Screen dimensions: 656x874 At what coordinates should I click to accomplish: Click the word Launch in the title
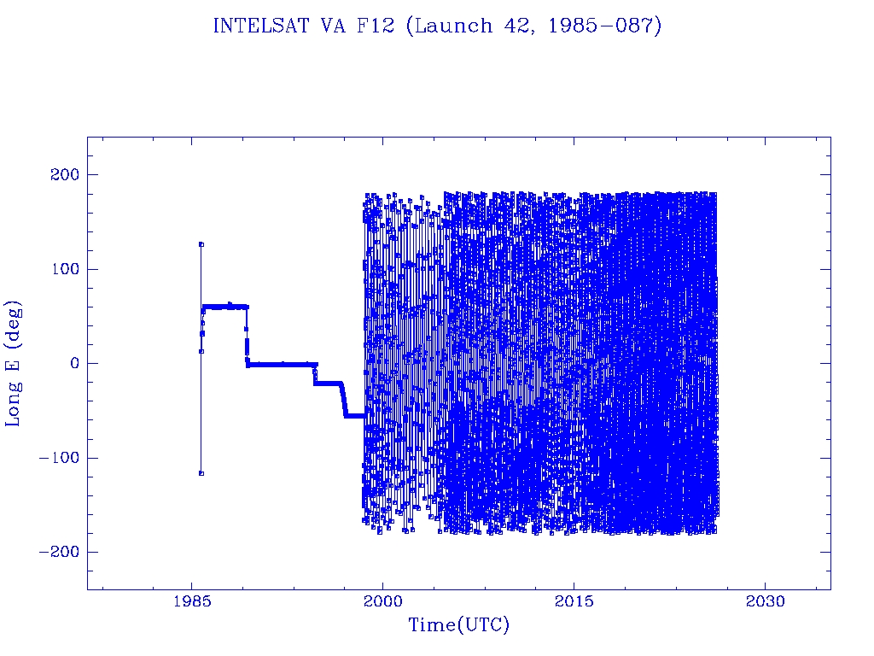(450, 26)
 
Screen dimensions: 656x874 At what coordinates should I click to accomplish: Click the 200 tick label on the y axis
(62, 175)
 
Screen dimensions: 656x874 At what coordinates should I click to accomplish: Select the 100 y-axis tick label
(62, 269)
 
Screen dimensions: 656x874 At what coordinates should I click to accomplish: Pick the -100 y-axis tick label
(58, 458)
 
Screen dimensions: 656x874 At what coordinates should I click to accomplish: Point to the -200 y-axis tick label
(58, 552)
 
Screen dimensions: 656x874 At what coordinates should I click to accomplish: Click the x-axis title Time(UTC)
(458, 626)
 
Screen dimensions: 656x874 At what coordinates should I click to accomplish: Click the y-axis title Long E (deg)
(15, 363)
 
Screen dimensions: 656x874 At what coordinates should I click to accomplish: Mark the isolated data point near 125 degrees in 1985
(201, 244)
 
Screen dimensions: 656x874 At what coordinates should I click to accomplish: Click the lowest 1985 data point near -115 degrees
(201, 472)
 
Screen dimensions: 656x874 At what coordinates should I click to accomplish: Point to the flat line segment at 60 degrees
(224, 306)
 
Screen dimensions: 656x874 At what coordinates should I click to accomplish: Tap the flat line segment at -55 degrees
(354, 415)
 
